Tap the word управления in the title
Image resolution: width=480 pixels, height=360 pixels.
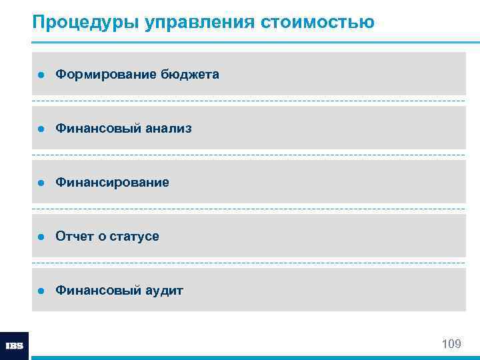click(x=189, y=23)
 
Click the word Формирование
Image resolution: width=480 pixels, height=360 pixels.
click(x=105, y=74)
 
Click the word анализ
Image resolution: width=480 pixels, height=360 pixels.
click(x=169, y=128)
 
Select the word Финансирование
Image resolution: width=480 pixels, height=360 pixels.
click(x=112, y=182)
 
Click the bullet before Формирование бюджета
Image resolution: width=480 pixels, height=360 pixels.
click(x=41, y=75)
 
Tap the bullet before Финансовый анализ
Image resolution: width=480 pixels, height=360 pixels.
click(x=41, y=129)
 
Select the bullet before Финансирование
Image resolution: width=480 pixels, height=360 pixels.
click(x=41, y=183)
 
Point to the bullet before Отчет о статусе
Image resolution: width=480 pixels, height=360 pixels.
click(x=41, y=237)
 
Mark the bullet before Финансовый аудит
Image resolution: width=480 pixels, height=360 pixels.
click(x=41, y=291)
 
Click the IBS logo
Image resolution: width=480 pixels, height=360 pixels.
click(x=14, y=346)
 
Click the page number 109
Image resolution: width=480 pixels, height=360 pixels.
click(x=451, y=344)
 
